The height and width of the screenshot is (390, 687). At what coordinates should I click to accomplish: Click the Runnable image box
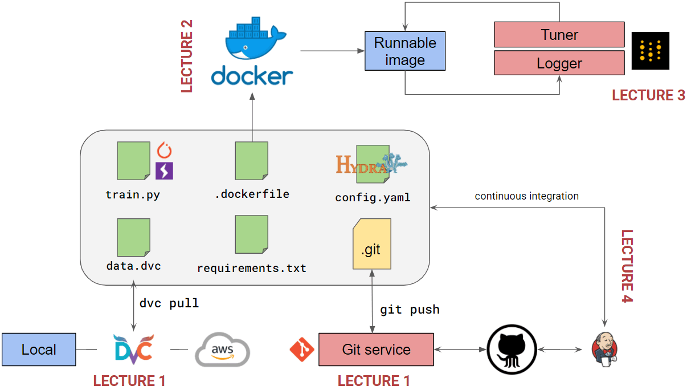click(404, 51)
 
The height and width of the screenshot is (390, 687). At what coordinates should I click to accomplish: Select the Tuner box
click(559, 35)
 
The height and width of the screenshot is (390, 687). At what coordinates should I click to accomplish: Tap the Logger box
click(559, 63)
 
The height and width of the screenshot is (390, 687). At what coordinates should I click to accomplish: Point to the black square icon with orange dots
click(650, 51)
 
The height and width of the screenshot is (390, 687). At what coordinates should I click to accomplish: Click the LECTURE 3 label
click(648, 95)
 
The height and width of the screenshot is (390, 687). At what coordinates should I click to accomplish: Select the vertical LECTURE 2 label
click(187, 56)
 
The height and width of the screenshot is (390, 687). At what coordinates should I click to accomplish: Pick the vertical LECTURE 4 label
click(627, 266)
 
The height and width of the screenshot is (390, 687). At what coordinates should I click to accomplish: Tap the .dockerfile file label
click(252, 194)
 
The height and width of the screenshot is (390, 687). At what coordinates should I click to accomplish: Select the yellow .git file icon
click(371, 244)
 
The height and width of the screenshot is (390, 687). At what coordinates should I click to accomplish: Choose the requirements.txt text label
click(252, 268)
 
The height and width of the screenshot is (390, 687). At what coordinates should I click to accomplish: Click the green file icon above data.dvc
click(133, 237)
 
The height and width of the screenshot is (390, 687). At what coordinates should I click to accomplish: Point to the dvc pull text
click(169, 303)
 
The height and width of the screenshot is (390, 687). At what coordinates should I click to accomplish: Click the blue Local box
click(39, 350)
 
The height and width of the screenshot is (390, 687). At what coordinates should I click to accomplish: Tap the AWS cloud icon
click(222, 350)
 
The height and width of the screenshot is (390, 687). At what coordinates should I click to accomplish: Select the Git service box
click(376, 350)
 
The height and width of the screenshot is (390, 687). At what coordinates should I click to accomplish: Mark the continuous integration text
click(526, 196)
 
